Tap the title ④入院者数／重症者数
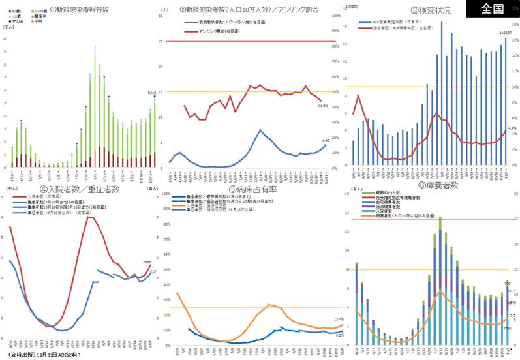80,189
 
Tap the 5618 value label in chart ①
151,94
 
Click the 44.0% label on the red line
322,106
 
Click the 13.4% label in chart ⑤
339,319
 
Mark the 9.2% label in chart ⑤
339,335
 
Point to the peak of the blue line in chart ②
260,130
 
